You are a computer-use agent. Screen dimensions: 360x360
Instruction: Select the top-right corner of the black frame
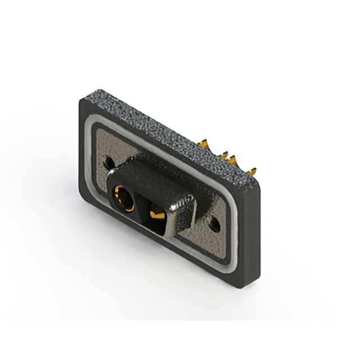coord(259,189)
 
